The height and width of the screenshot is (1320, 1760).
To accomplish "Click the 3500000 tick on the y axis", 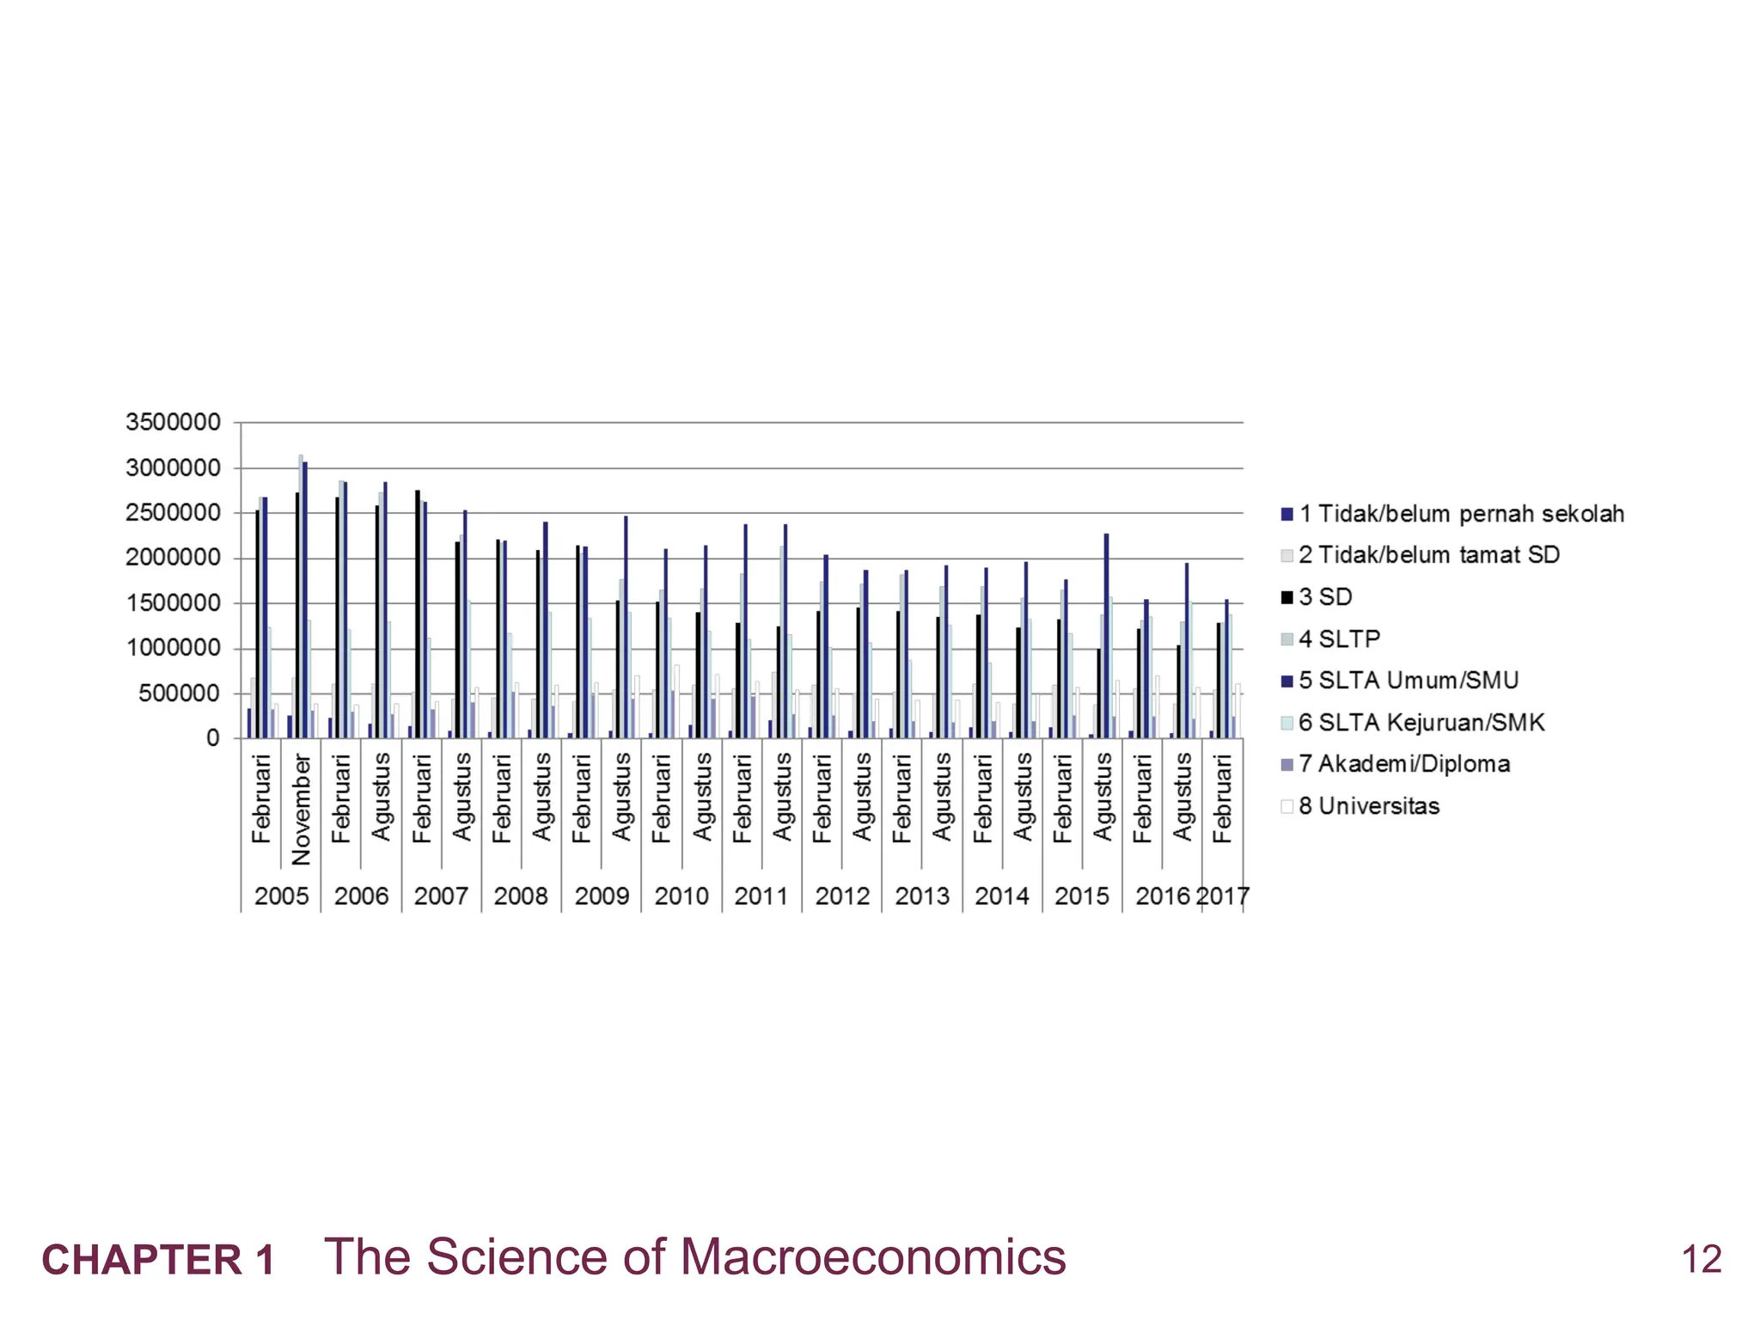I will click(173, 422).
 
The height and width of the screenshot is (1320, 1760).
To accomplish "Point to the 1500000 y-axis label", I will click(173, 602).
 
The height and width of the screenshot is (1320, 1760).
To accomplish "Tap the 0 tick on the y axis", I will click(212, 738).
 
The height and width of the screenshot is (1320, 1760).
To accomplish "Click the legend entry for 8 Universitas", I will click(1368, 806).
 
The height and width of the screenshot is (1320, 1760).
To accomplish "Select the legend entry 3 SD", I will click(1324, 596).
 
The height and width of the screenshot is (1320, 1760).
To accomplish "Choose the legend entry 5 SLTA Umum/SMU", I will click(1408, 681).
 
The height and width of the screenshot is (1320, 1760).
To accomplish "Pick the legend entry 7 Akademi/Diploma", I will click(1403, 764).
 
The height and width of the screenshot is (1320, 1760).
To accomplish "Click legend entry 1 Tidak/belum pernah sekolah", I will click(1460, 514).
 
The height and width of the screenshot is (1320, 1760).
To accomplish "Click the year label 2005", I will click(281, 896).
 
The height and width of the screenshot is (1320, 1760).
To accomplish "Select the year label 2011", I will click(761, 896).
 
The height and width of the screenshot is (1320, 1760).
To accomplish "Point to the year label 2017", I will click(1223, 896).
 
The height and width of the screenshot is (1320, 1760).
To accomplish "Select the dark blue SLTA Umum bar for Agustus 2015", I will click(1106, 636).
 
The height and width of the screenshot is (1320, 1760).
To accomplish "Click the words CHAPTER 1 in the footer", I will click(158, 1260).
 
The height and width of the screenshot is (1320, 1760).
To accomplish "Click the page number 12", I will click(1702, 1260).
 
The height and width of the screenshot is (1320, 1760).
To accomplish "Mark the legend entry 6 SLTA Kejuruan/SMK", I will click(1421, 723).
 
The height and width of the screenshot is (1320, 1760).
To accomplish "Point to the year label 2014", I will click(1002, 896).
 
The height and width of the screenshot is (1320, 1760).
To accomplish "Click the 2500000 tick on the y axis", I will click(173, 513).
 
